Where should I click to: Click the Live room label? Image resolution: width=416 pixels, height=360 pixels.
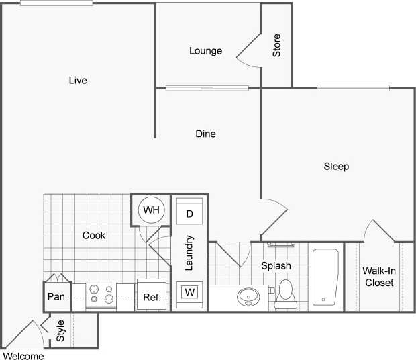tap(78, 81)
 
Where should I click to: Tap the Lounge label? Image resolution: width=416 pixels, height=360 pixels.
tap(205, 51)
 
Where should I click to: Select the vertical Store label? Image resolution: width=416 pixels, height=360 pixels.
tap(276, 45)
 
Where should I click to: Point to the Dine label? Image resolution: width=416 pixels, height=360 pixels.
tap(205, 134)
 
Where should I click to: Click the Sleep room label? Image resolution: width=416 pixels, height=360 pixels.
tap(336, 166)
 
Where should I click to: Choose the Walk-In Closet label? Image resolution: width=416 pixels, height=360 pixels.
tap(379, 277)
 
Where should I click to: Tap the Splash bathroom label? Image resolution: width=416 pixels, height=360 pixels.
tap(276, 265)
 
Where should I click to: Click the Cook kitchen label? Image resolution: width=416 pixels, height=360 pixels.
tap(94, 235)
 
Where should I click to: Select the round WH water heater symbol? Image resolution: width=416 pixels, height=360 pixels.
tap(151, 210)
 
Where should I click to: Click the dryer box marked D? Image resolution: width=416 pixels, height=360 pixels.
tap(189, 214)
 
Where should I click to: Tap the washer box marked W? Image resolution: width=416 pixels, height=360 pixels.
tap(189, 292)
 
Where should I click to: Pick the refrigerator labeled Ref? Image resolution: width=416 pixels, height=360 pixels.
tap(151, 296)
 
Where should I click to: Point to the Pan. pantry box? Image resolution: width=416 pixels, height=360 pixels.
tap(56, 296)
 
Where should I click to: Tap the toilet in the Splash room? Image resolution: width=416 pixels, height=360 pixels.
tap(287, 293)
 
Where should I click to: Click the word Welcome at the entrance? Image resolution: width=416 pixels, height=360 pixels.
tap(24, 355)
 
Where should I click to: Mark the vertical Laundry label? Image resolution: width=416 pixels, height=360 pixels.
tap(190, 253)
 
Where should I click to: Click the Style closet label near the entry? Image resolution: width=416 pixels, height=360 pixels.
tap(60, 331)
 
